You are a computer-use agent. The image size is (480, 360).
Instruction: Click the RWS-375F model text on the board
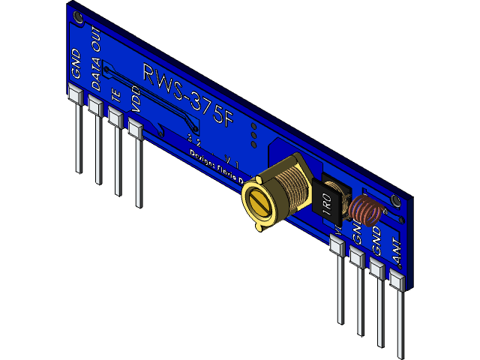[x=188, y=97]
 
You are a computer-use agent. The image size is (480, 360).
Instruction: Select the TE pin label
[x=115, y=95]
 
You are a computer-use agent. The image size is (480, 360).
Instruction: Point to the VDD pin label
[x=136, y=101]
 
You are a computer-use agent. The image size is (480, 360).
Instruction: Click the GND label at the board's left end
[x=76, y=64]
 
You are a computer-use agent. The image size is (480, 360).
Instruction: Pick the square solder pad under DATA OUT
[x=94, y=106]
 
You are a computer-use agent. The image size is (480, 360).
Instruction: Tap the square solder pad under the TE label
[x=115, y=118]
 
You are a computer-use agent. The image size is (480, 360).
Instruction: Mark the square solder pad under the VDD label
[x=135, y=128]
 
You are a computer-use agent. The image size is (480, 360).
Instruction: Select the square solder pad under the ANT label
[x=396, y=281]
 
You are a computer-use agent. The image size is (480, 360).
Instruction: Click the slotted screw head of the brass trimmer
[x=259, y=203]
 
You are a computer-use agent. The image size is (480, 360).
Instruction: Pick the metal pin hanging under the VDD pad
[x=138, y=172]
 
